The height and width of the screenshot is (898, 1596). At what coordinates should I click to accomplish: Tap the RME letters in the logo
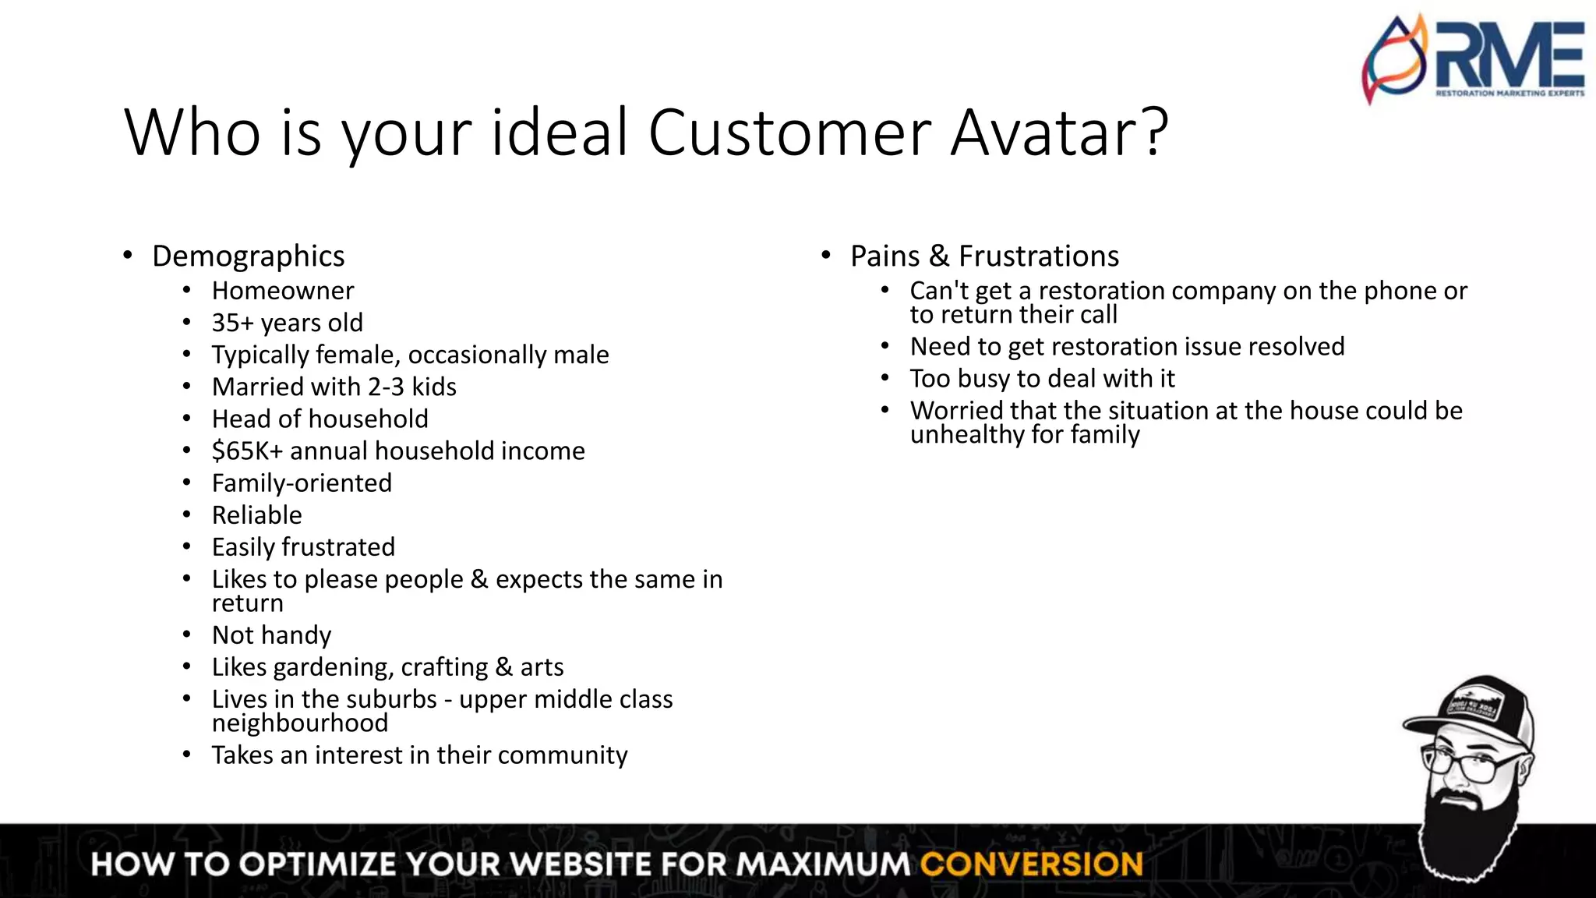click(1508, 55)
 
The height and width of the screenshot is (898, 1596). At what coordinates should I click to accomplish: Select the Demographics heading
click(248, 256)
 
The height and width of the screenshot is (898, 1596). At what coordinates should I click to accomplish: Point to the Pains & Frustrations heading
click(984, 256)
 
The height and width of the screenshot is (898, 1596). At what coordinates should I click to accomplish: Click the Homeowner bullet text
click(283, 291)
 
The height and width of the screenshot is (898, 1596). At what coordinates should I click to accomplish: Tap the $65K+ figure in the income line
click(247, 451)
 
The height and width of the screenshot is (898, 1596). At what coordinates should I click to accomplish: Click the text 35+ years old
click(287, 323)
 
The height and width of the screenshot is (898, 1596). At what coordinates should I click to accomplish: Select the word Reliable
click(256, 515)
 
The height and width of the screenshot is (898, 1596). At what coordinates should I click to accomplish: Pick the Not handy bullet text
click(271, 635)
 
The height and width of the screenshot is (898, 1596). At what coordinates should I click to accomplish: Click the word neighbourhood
click(299, 723)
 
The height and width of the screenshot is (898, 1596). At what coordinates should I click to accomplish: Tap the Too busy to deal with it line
click(1042, 379)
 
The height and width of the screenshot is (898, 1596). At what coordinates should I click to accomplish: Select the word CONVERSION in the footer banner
click(1031, 864)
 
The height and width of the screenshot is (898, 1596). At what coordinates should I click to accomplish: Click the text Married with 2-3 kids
click(334, 387)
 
